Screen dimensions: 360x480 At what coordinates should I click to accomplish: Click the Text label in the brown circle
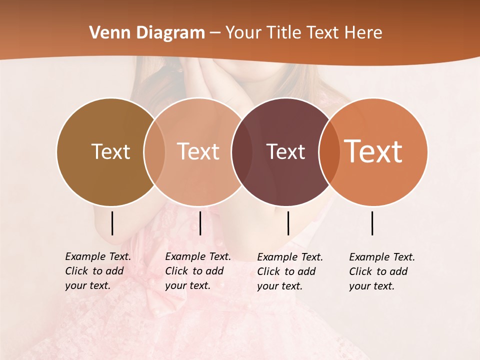click(110, 151)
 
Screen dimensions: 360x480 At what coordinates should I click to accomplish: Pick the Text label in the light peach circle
click(198, 151)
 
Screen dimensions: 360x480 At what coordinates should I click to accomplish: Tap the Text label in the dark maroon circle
click(285, 151)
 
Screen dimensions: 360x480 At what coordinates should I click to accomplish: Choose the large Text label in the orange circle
click(373, 151)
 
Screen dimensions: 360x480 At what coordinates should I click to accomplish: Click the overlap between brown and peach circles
click(154, 151)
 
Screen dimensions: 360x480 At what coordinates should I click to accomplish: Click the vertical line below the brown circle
click(112, 223)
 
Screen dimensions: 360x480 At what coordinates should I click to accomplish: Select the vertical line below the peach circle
click(200, 223)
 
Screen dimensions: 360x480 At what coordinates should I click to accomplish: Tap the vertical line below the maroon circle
click(288, 223)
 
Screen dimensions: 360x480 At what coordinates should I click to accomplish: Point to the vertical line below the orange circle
click(372, 223)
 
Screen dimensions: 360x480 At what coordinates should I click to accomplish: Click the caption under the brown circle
click(97, 271)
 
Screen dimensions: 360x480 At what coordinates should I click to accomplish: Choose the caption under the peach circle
click(197, 271)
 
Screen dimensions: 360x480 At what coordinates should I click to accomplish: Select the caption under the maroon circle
click(289, 271)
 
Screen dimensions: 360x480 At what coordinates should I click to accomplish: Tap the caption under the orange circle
click(381, 271)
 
